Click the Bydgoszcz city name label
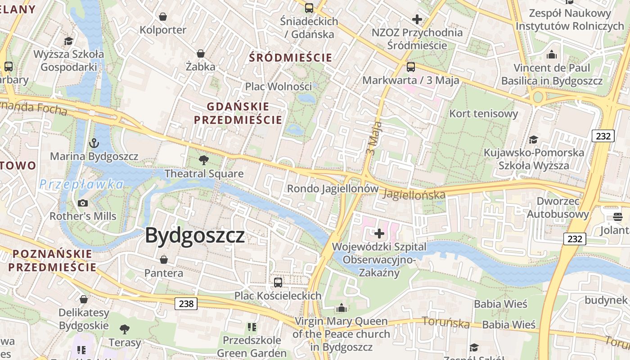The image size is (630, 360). click(195, 235)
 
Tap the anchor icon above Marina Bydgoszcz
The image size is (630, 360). click(94, 144)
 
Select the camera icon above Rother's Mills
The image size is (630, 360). click(83, 203)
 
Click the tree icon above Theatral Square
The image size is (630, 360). click(204, 160)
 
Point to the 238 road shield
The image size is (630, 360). click(186, 304)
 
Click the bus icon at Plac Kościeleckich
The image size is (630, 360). click(278, 283)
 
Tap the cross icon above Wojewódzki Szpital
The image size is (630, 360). click(379, 234)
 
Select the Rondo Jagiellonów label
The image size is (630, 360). click(333, 189)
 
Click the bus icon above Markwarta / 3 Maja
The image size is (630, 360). click(411, 67)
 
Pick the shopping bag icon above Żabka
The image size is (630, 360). click(201, 54)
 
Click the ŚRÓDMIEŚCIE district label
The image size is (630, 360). click(291, 58)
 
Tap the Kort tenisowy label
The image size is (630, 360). click(484, 113)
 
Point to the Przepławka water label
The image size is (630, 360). click(81, 184)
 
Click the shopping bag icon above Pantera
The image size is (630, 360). click(164, 260)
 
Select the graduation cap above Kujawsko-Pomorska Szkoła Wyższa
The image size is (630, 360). click(534, 139)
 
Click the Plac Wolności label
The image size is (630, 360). click(278, 86)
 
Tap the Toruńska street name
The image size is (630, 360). click(445, 322)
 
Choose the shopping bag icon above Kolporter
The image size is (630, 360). click(163, 17)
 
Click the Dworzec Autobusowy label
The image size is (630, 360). click(558, 207)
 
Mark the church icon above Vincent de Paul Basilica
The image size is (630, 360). click(552, 55)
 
